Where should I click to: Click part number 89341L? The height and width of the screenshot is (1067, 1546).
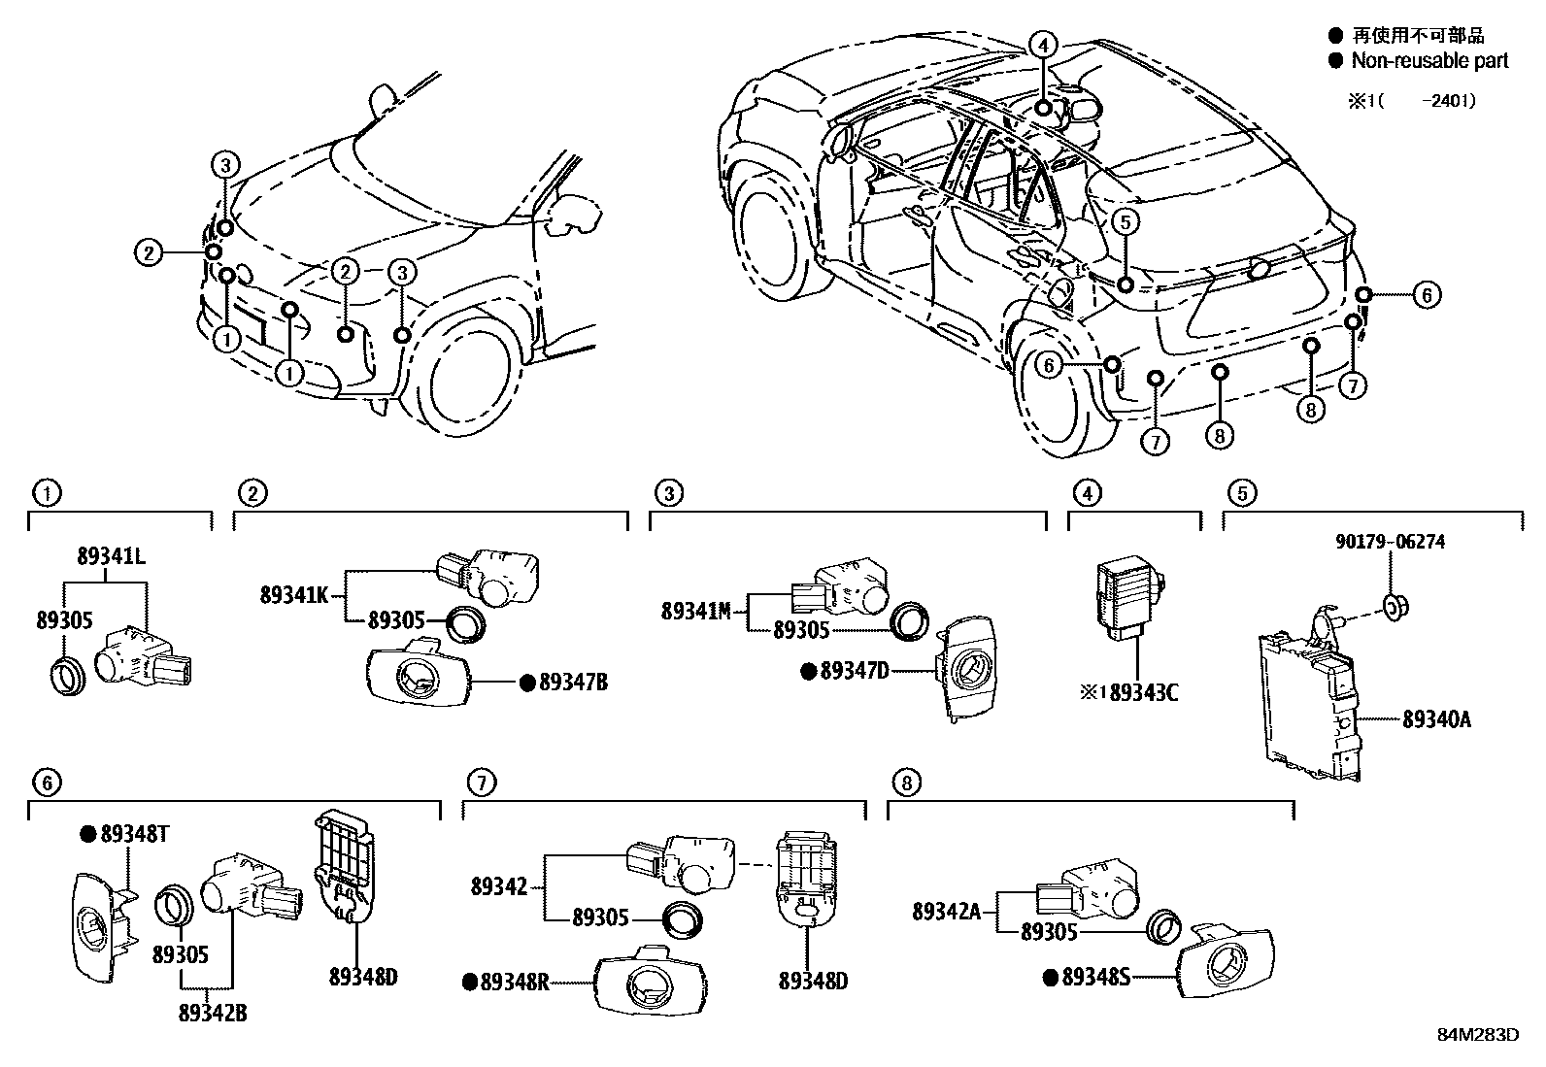[x=111, y=557]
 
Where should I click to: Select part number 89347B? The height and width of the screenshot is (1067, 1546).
[x=573, y=683]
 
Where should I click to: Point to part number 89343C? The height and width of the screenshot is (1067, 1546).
[x=1142, y=692]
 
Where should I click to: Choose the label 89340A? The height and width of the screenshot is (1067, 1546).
[x=1436, y=719]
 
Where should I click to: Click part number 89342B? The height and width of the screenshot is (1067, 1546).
[x=213, y=1013]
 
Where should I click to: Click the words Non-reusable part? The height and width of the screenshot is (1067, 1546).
[x=1429, y=60]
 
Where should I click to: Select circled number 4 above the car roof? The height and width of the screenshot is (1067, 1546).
[x=1042, y=45]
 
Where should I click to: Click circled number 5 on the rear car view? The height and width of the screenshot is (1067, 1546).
[x=1124, y=222]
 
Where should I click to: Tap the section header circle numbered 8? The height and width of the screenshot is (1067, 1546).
[x=904, y=783]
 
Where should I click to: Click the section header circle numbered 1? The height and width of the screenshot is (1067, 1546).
[x=44, y=493]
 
